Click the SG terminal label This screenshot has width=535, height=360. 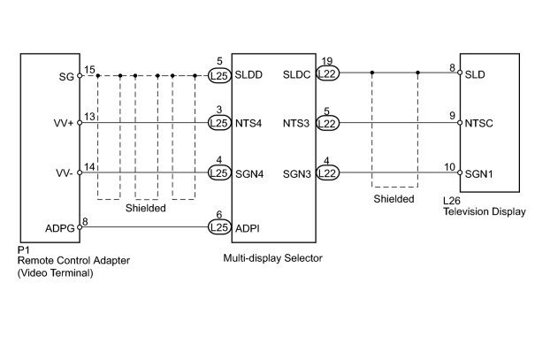(x=66, y=77)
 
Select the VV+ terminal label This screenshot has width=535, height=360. (x=64, y=123)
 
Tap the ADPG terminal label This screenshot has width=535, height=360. (x=60, y=228)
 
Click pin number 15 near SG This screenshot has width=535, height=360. (x=89, y=70)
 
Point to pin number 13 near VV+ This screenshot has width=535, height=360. (x=89, y=117)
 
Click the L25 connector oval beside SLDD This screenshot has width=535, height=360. (x=219, y=75)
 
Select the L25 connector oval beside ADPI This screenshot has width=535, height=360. (x=219, y=227)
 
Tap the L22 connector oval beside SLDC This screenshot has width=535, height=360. (x=327, y=73)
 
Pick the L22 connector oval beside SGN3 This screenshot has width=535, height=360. (x=327, y=173)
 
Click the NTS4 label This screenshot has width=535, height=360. (x=248, y=123)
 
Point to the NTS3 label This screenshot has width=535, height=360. (x=296, y=123)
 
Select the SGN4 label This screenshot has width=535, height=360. (x=249, y=174)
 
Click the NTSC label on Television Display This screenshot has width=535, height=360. (x=478, y=123)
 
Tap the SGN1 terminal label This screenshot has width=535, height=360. (x=478, y=174)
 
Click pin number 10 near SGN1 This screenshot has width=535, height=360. (x=450, y=167)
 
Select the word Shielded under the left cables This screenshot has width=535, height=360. (x=146, y=208)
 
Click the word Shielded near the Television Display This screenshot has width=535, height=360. (x=394, y=199)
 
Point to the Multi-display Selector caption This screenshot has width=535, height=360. (x=272, y=258)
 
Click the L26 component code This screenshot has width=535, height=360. (x=452, y=201)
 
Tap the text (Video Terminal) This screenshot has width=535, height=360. (x=56, y=273)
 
